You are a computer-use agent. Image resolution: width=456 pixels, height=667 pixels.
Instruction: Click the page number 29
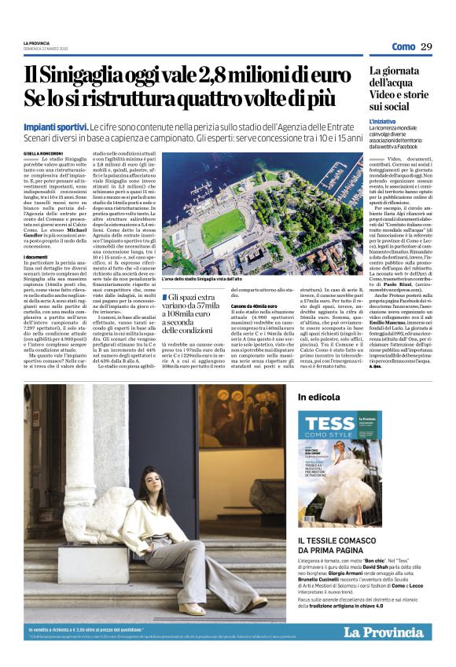click(x=426, y=47)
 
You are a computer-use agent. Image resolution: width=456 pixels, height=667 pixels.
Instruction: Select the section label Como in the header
click(x=403, y=47)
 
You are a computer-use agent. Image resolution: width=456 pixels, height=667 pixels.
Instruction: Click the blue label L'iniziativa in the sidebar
click(x=383, y=122)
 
